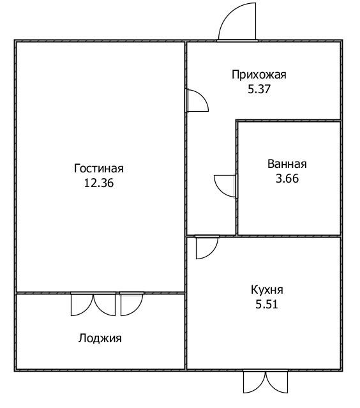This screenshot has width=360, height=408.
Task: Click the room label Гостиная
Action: tap(98, 169)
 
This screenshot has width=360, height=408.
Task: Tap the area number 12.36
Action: tap(99, 183)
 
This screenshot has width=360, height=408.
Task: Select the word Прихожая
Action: tap(259, 75)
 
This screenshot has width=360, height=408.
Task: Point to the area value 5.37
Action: tap(259, 89)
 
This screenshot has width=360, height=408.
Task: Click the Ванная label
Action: tap(287, 164)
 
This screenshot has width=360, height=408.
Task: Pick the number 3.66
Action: tap(287, 179)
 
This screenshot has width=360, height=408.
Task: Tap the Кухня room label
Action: tap(267, 290)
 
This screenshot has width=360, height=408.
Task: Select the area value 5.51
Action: tap(267, 304)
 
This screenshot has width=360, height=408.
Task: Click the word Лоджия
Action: tap(100, 338)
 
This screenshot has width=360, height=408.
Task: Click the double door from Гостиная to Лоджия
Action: tap(93, 305)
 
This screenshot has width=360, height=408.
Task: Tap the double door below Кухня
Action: tap(266, 381)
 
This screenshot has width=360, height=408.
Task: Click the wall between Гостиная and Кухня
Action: tap(186, 303)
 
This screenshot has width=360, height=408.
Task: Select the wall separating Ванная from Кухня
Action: tap(289, 236)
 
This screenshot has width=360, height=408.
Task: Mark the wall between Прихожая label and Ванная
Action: tap(289, 121)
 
